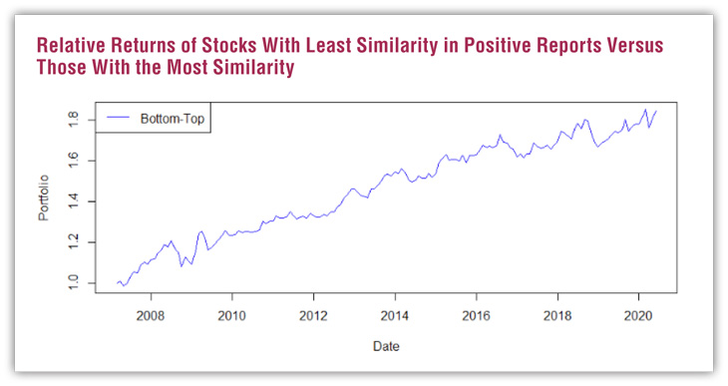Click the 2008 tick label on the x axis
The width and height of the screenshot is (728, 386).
click(151, 316)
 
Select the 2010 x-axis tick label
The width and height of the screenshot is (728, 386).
click(231, 316)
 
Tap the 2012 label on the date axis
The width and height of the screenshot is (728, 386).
click(313, 316)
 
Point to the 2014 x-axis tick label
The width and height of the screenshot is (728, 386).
click(395, 316)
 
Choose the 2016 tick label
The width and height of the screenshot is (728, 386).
click(476, 316)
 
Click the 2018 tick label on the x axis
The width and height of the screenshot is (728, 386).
click(557, 316)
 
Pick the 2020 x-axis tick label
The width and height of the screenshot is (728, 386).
click(638, 316)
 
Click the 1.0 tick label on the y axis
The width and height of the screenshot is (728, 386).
click(74, 283)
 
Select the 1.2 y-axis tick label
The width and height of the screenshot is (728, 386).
click(74, 242)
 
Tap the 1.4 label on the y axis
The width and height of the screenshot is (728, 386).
click(74, 201)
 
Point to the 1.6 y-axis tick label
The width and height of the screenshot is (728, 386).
click(74, 161)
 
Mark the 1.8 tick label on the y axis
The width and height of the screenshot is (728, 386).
click(74, 120)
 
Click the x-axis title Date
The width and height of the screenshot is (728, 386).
click(386, 346)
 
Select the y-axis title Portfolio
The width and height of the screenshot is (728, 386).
click(43, 197)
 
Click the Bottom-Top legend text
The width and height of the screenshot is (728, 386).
click(173, 119)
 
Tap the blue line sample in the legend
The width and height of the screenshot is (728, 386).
click(118, 118)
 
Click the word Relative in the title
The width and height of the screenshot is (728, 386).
click(71, 46)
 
